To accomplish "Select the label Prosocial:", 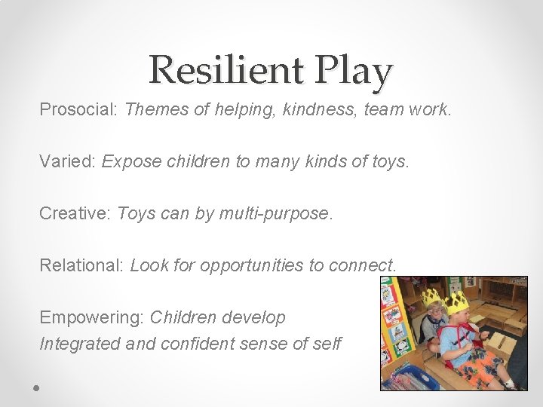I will tap(78, 110).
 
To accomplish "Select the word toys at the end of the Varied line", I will tap(389, 162).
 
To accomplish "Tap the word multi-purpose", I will tap(275, 214).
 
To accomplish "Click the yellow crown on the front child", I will tap(456, 304).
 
